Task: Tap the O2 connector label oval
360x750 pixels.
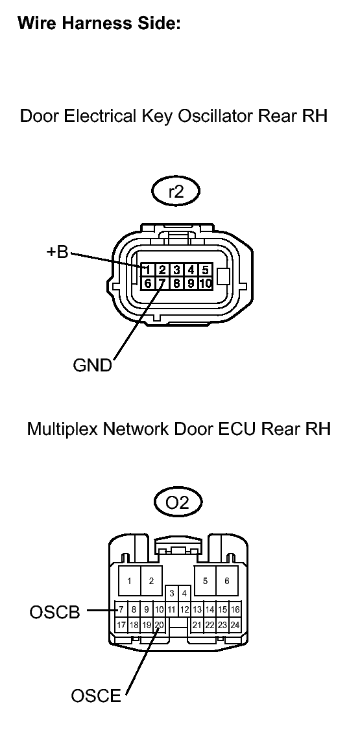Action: point(178,503)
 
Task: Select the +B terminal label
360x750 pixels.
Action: point(58,252)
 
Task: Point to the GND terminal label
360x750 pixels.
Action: point(92,365)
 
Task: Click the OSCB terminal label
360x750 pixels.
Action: point(54,612)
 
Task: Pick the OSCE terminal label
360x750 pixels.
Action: point(96,696)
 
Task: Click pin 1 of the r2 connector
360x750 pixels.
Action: point(148,270)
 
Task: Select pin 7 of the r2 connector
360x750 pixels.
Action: point(162,283)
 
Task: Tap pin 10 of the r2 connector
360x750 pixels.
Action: point(206,283)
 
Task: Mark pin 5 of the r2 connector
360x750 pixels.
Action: point(206,270)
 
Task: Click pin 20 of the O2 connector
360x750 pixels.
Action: point(160,625)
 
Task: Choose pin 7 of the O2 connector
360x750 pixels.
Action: point(121,610)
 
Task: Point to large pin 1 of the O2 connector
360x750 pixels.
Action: point(129,581)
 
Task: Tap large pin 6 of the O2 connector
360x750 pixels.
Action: point(227,581)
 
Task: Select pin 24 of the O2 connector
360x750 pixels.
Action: point(235,625)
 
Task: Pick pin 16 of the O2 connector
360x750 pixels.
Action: point(235,610)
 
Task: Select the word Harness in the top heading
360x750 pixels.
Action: point(93,23)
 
